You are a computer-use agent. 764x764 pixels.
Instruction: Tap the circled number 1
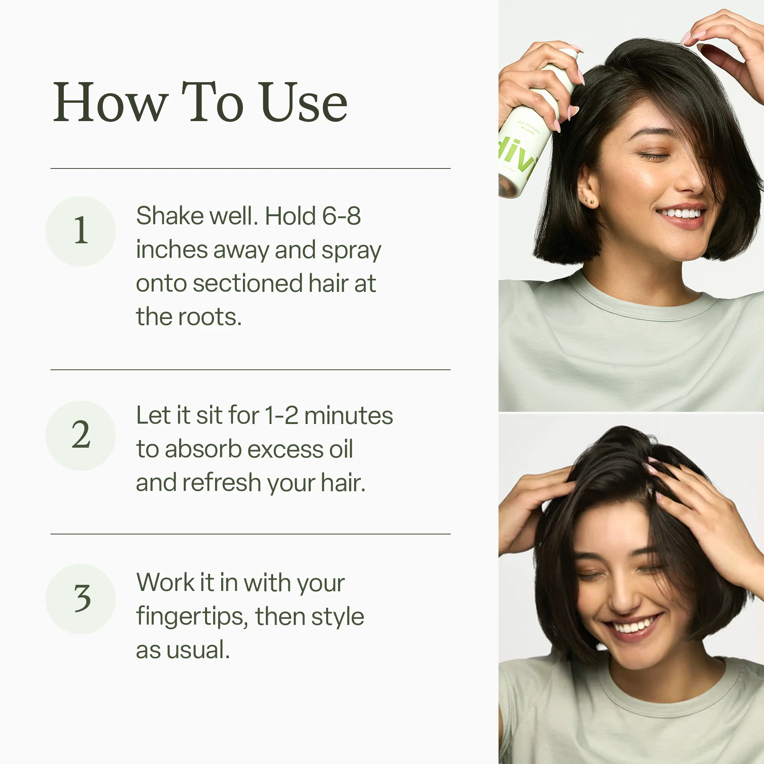click(x=81, y=231)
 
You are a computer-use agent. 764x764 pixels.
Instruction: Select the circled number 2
click(x=81, y=435)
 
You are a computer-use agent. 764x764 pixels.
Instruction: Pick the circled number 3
click(x=81, y=599)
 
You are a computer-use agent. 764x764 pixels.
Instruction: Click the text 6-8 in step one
click(x=341, y=216)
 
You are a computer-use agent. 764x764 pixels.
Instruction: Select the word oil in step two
click(x=341, y=450)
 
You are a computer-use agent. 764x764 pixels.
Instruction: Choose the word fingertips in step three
click(x=191, y=617)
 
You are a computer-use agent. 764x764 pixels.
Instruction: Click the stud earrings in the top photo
click(x=589, y=202)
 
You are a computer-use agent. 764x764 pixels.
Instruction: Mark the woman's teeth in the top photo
click(x=681, y=214)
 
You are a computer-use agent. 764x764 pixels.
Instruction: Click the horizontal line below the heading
click(x=250, y=168)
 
